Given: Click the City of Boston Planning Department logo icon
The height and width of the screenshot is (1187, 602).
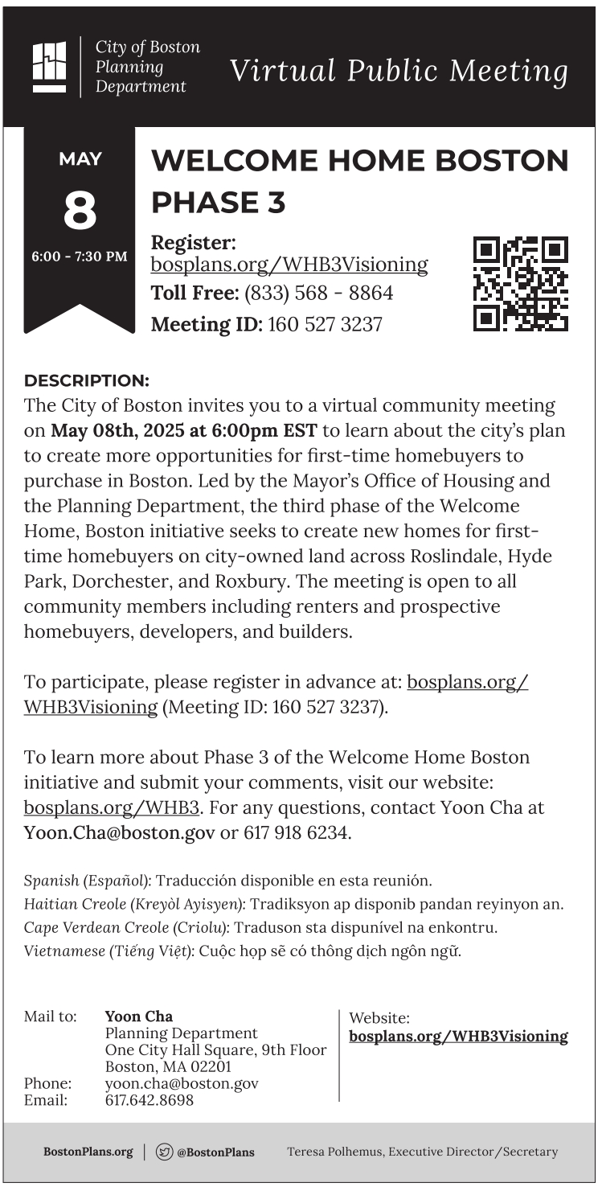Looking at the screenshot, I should (x=49, y=67).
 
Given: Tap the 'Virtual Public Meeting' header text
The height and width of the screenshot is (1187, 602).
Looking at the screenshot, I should (x=399, y=71).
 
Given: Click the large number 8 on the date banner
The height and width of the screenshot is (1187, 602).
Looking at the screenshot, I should (x=80, y=212).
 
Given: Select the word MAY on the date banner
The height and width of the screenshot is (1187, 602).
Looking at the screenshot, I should (x=80, y=159).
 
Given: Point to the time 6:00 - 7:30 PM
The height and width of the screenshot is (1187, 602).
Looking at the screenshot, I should (x=80, y=257).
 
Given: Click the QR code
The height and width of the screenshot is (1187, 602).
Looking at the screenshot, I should (x=520, y=284).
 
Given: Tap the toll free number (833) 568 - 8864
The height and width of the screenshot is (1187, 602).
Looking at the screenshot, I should (x=318, y=294).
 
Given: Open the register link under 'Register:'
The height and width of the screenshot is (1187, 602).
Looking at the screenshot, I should (x=289, y=265).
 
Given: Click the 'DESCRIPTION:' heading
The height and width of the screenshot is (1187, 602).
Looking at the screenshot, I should (x=87, y=380).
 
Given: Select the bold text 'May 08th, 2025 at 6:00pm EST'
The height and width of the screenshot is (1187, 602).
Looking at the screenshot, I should (x=184, y=430).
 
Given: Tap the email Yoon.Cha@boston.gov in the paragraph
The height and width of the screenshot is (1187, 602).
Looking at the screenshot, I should (x=120, y=832).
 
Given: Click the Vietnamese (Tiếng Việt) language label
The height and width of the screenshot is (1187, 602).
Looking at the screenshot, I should (x=108, y=951).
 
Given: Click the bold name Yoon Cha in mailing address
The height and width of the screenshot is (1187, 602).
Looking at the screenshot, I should (x=138, y=1017).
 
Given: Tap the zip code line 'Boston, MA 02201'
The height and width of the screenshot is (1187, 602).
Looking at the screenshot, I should (x=168, y=1067).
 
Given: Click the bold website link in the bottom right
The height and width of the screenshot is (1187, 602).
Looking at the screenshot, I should (x=458, y=1037).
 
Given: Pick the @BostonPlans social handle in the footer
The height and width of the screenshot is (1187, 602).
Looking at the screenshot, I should (x=215, y=1152).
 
